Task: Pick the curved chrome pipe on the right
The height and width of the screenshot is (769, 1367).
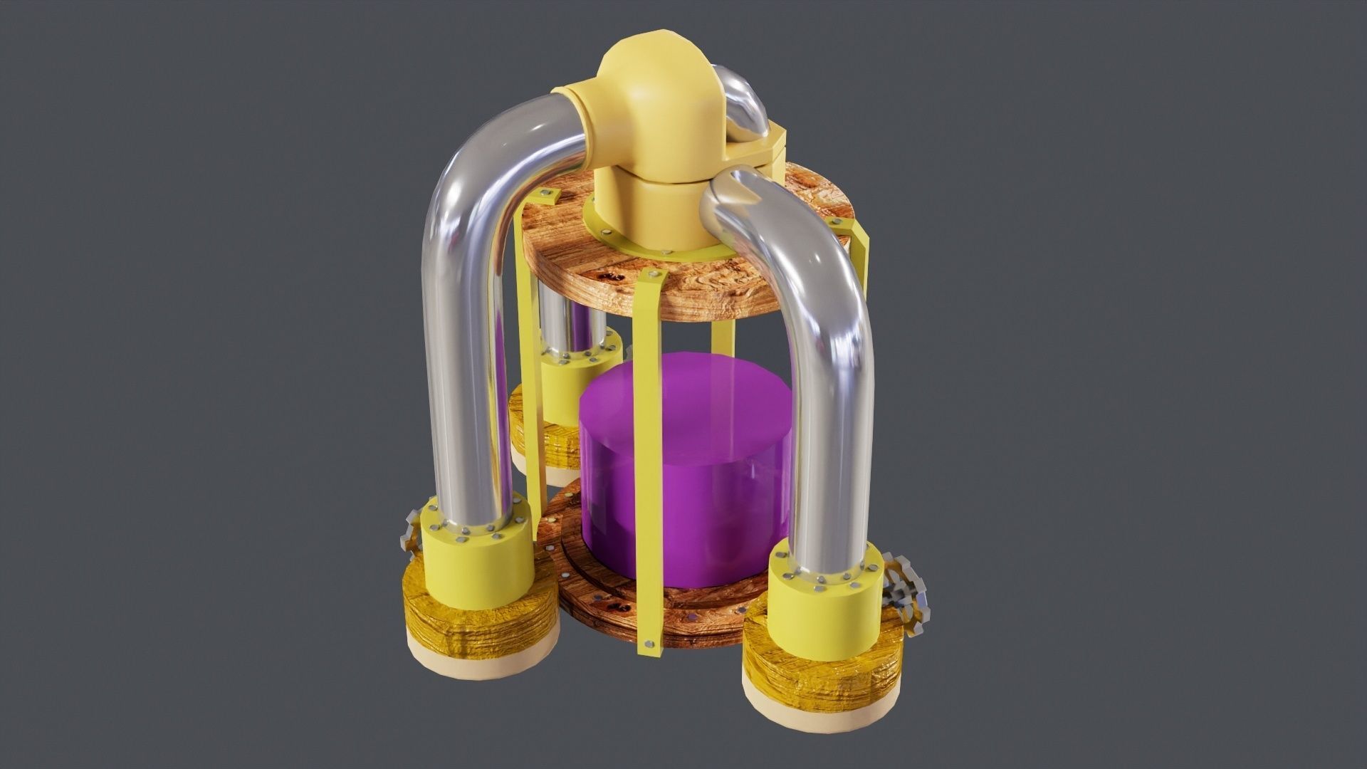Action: pyautogui.click(x=826, y=356)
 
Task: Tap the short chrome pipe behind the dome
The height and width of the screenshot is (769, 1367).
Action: pyautogui.click(x=744, y=107)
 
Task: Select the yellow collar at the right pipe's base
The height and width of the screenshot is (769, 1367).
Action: pyautogui.click(x=826, y=612)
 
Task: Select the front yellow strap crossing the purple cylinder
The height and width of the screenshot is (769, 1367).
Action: pyautogui.click(x=651, y=456)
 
